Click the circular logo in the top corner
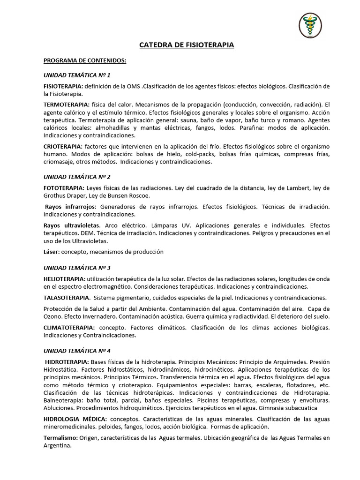(310, 25)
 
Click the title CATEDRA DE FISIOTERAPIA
(186, 45)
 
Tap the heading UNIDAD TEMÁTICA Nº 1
(77, 75)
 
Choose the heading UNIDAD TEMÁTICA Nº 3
(77, 268)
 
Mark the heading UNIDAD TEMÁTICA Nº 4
(77, 351)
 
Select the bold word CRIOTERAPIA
(63, 147)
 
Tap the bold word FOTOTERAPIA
(62, 188)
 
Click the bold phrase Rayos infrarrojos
(70, 207)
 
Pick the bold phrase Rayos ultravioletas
(72, 225)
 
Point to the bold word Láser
(51, 252)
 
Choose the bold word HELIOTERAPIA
(64, 279)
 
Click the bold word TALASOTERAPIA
(66, 298)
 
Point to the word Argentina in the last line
(57, 446)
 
